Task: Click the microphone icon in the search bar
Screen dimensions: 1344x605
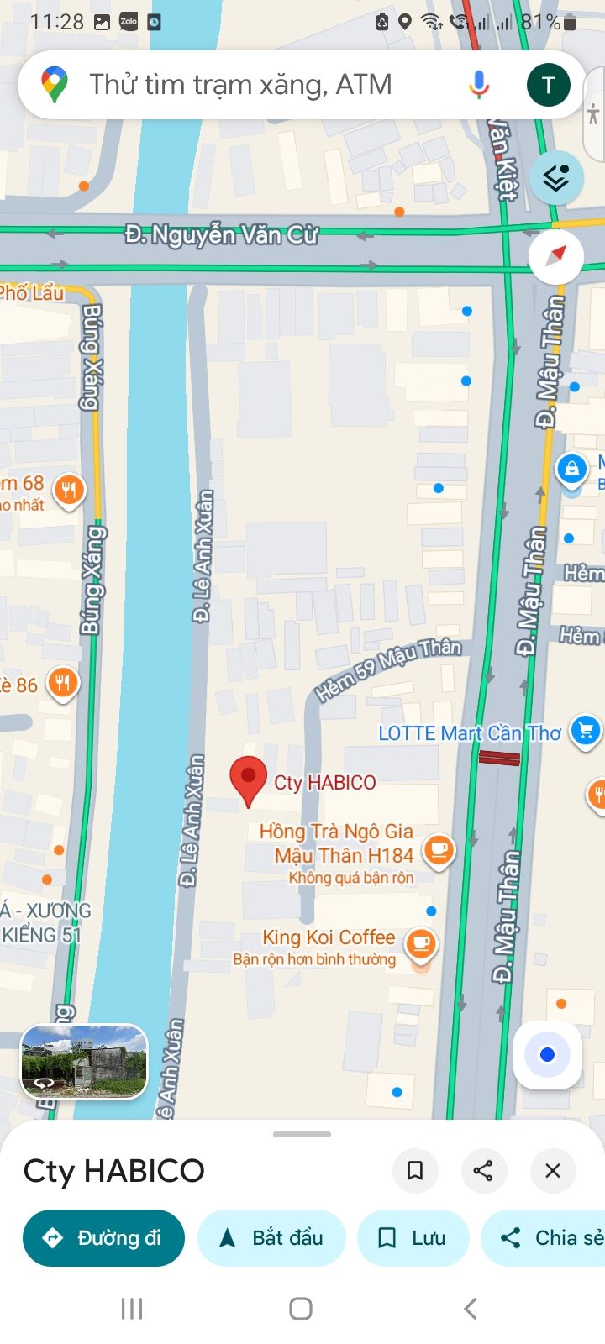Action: [x=479, y=85]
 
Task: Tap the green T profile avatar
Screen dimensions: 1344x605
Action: [x=548, y=85]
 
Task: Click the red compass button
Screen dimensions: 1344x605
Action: [x=555, y=255]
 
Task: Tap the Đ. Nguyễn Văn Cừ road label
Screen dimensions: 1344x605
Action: [x=221, y=234]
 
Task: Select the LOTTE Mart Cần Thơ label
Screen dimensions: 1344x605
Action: [x=469, y=733]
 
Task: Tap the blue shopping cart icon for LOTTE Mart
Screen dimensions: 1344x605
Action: [x=586, y=731]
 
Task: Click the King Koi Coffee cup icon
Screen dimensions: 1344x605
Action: [x=421, y=944]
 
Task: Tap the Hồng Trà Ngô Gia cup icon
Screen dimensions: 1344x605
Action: [x=438, y=849]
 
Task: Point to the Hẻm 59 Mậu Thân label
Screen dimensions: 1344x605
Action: [x=388, y=669]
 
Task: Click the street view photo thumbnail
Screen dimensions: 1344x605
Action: [x=84, y=1062]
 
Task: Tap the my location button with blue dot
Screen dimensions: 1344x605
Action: [x=548, y=1055]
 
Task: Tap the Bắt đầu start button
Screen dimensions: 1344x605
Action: [x=271, y=1237]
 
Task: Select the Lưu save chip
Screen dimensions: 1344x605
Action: [x=413, y=1237]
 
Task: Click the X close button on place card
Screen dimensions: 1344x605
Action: [x=552, y=1170]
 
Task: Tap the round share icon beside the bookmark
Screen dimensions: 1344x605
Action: [x=483, y=1170]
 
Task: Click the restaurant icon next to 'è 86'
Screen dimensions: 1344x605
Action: [x=62, y=683]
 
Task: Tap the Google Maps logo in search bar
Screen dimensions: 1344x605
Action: [x=55, y=85]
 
